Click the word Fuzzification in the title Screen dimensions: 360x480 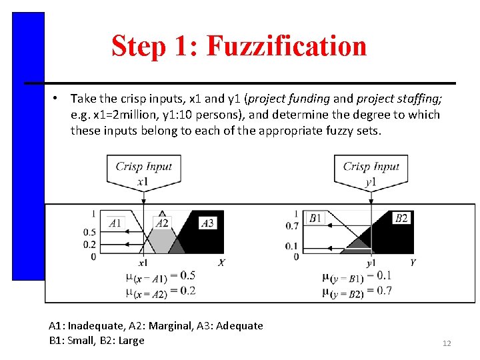point(286,46)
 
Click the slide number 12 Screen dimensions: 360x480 point(447,343)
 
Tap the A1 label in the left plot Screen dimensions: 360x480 point(115,222)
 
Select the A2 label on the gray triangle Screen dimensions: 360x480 point(162,223)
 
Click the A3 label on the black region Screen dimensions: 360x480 point(207,223)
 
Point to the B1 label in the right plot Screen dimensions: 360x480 point(316,218)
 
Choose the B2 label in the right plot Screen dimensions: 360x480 point(401,218)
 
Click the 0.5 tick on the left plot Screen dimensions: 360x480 point(89,232)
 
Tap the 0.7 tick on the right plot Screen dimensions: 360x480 point(291,226)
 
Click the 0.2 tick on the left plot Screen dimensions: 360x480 point(89,244)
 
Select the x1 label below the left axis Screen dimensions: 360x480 point(143,263)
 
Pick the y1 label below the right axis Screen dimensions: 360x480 point(371,263)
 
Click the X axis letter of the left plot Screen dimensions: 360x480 point(221,263)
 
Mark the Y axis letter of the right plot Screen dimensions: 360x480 point(413,263)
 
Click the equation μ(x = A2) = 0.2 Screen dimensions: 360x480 point(160,291)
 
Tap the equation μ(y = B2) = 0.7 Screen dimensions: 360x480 point(357,291)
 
